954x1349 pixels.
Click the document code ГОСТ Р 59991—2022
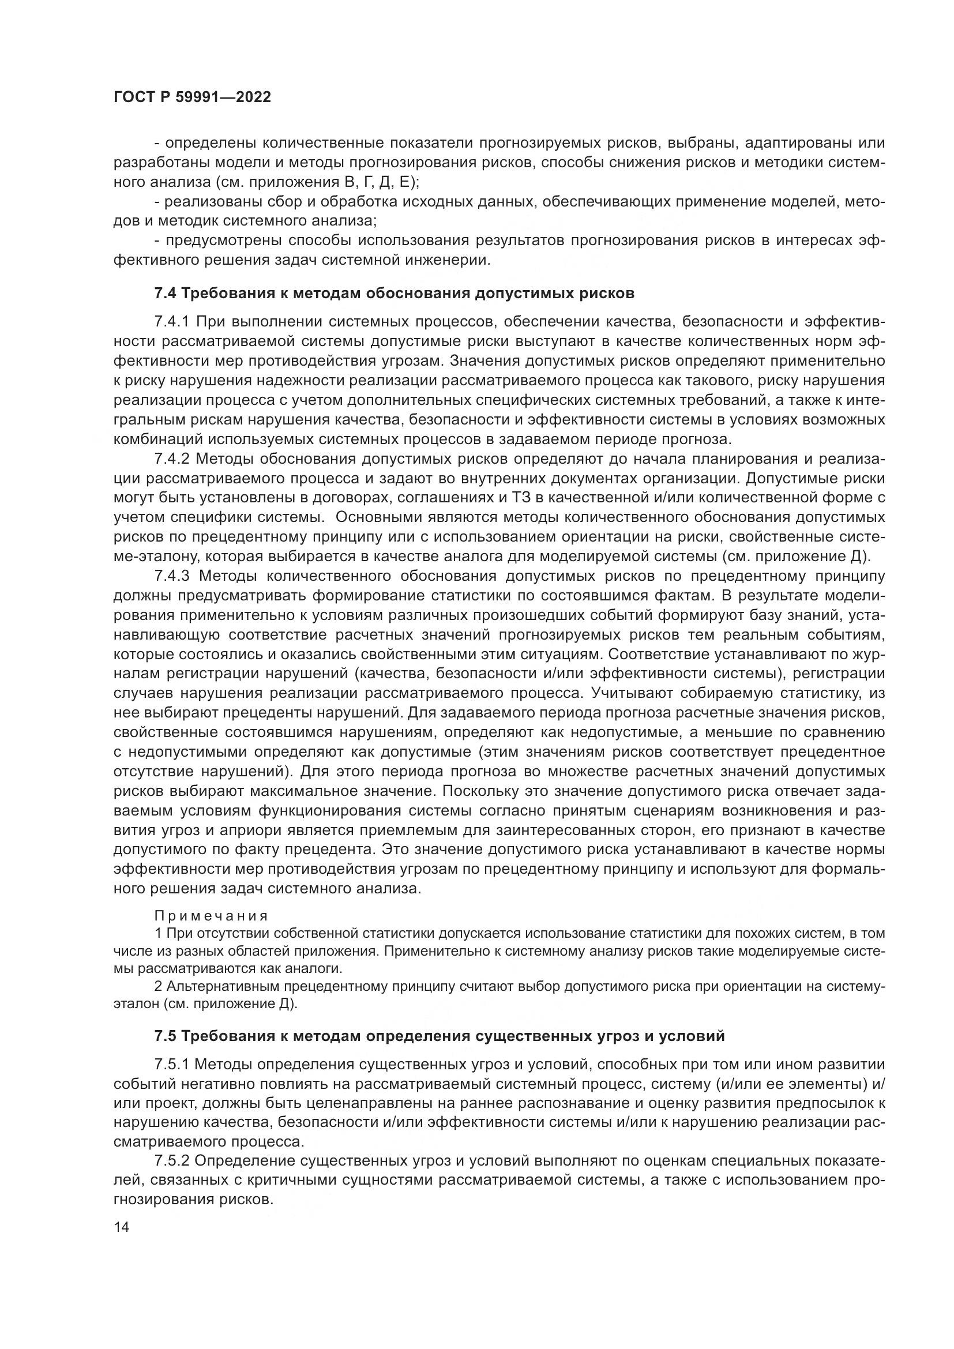192,97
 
